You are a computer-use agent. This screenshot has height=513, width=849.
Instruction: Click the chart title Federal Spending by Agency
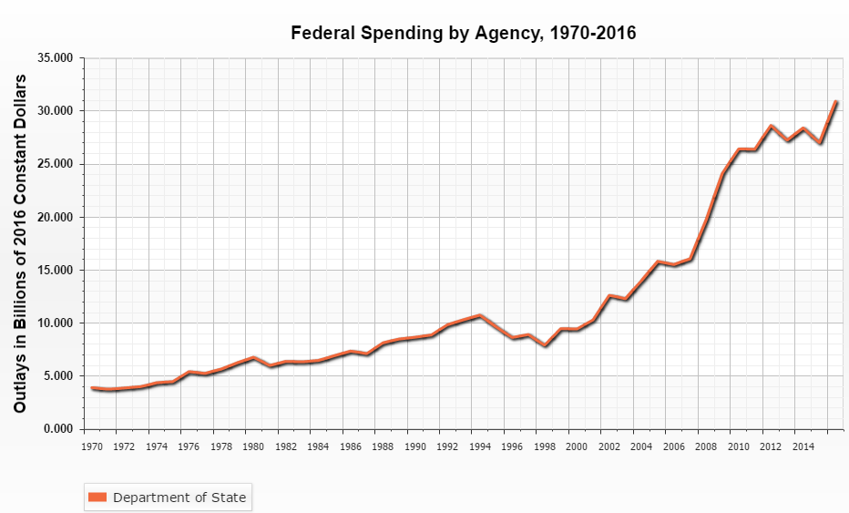(x=463, y=34)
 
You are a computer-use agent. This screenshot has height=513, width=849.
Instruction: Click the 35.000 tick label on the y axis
(x=56, y=57)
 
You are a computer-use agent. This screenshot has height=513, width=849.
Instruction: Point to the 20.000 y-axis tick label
(x=56, y=217)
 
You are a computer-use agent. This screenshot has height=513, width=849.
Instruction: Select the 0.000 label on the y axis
(x=59, y=428)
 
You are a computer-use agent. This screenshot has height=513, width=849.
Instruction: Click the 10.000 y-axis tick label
(x=56, y=323)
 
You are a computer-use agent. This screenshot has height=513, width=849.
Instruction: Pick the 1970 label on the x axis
(x=92, y=446)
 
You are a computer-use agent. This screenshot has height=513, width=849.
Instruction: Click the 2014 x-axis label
(x=803, y=446)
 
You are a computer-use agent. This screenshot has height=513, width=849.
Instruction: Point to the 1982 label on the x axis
(x=286, y=446)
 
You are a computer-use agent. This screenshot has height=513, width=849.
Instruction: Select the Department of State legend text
(x=179, y=497)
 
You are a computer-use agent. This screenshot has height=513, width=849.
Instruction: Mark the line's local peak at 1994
(x=480, y=316)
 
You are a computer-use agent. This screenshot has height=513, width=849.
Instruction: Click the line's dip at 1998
(x=545, y=345)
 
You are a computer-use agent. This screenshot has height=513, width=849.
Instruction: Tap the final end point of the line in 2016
(x=835, y=102)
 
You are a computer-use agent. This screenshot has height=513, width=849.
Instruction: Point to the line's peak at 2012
(x=771, y=127)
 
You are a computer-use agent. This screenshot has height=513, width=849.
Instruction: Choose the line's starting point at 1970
(x=93, y=388)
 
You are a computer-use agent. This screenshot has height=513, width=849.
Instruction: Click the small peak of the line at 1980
(x=254, y=358)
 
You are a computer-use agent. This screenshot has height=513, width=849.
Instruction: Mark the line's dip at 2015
(x=819, y=143)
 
